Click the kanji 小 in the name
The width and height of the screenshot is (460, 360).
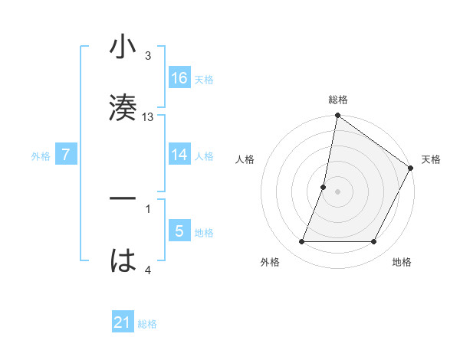pyautogui.click(x=123, y=47)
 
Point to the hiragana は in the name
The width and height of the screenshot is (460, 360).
pyautogui.click(x=123, y=260)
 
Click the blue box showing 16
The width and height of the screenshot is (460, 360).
pyautogui.click(x=179, y=77)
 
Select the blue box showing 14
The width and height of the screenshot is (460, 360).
pyautogui.click(x=179, y=154)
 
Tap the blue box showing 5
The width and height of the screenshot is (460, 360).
pyautogui.click(x=179, y=231)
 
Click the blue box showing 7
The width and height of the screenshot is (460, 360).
pyautogui.click(x=66, y=155)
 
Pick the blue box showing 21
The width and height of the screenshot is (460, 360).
pyautogui.click(x=123, y=322)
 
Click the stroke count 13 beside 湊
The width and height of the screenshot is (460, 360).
pyautogui.click(x=148, y=117)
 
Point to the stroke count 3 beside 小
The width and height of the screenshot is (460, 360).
pyautogui.click(x=147, y=56)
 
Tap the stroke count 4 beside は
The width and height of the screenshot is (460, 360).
pyautogui.click(x=147, y=270)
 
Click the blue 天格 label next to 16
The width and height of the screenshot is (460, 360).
pyautogui.click(x=204, y=79)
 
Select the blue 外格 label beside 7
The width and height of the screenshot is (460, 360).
pyautogui.click(x=41, y=156)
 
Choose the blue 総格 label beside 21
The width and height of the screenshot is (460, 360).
pyautogui.click(x=147, y=324)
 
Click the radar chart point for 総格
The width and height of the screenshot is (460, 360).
pyautogui.click(x=337, y=116)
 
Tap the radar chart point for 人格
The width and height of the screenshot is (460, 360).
pyautogui.click(x=324, y=187)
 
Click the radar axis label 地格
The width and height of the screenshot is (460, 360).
pyautogui.click(x=402, y=263)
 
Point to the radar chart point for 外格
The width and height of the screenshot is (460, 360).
pyautogui.click(x=302, y=242)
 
